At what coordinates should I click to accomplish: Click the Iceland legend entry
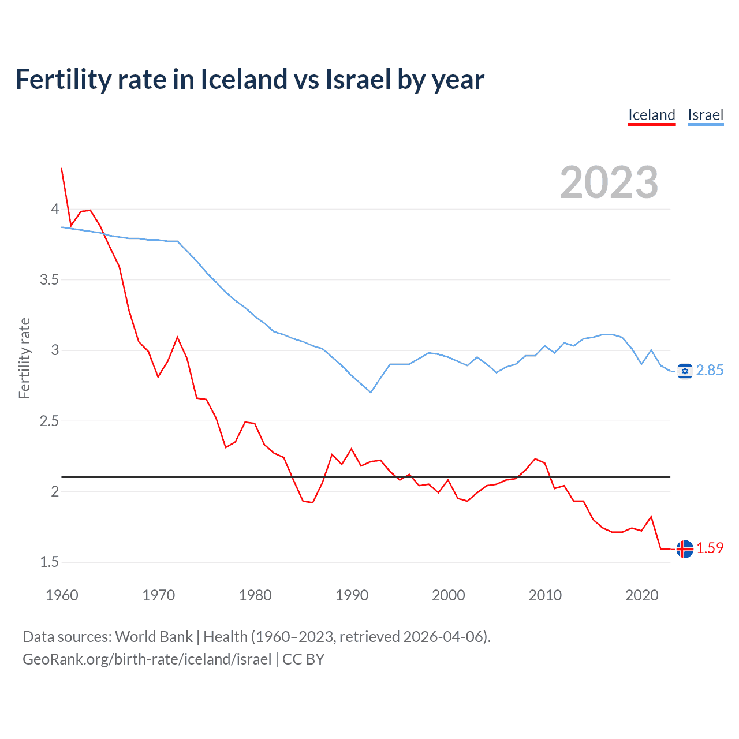point(652,115)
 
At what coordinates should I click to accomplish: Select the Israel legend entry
point(706,115)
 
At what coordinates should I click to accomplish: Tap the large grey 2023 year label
point(609,182)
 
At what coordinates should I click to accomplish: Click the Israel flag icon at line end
point(685,371)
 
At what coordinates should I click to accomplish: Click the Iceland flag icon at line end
point(685,548)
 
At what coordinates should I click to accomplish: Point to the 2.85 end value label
point(710,371)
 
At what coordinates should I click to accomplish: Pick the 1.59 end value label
point(710,548)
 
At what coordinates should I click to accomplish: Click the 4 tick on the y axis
point(55,209)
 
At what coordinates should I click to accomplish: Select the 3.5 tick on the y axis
point(49,280)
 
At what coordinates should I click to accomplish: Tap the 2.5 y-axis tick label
point(49,421)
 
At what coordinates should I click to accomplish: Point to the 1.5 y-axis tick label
point(49,562)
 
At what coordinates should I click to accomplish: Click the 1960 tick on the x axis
point(62,595)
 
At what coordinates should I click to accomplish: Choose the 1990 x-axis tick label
point(352,595)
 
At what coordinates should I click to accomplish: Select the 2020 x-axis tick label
point(641,595)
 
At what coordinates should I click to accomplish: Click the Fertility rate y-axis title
point(24,358)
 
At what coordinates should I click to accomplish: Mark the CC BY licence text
point(303,659)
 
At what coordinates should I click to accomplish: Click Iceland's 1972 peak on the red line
point(177,337)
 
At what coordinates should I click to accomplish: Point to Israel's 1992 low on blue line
point(371,393)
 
